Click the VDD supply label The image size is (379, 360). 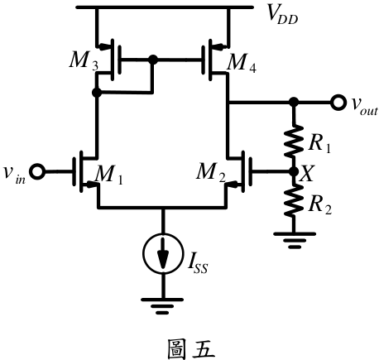(x=283, y=15)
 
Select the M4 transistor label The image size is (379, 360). (x=242, y=63)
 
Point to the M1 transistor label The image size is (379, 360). (x=108, y=175)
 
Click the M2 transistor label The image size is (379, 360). (x=211, y=172)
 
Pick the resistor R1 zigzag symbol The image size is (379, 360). (x=294, y=141)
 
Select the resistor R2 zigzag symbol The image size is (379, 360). (x=294, y=200)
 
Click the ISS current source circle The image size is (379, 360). (x=163, y=253)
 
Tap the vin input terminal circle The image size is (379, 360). (x=37, y=172)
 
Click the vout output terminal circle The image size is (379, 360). (x=338, y=103)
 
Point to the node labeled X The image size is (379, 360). (x=294, y=172)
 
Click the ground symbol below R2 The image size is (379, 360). (x=294, y=240)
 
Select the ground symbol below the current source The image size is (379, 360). (x=162, y=306)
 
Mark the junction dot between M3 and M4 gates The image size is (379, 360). (x=153, y=60)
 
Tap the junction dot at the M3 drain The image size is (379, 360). (x=97, y=93)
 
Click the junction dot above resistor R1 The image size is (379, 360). (x=294, y=102)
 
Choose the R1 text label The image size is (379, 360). (x=319, y=143)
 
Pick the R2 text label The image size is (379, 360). (x=320, y=205)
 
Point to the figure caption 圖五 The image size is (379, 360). (x=190, y=349)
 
